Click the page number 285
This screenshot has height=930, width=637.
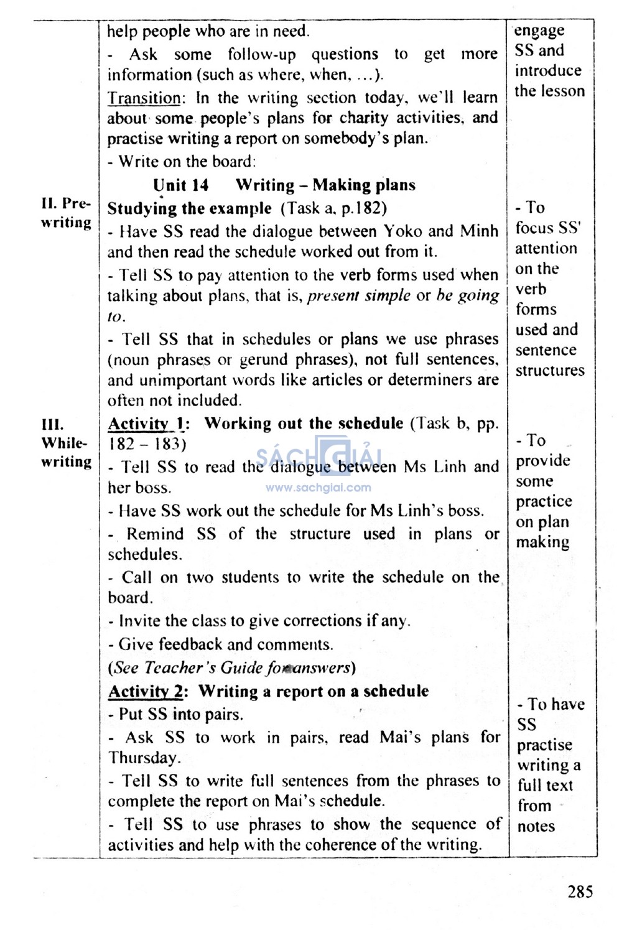pos(580,891)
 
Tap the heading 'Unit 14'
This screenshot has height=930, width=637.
pos(180,185)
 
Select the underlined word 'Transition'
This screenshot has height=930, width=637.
pos(144,98)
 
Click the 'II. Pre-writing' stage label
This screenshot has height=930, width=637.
pos(66,213)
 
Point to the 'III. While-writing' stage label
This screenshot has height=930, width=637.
pos(66,443)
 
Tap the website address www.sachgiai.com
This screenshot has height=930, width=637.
pos(318,488)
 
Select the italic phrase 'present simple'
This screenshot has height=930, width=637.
pos(359,295)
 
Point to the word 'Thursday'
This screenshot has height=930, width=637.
pos(144,758)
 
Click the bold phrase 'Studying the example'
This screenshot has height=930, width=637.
pos(189,208)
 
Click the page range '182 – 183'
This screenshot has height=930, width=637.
pos(147,444)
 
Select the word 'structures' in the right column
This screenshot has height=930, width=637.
pos(549,371)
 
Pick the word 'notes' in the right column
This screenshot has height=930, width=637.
pos(536,826)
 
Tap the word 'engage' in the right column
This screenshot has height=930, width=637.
pos(539,30)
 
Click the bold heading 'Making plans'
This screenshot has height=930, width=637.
pos(364,185)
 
